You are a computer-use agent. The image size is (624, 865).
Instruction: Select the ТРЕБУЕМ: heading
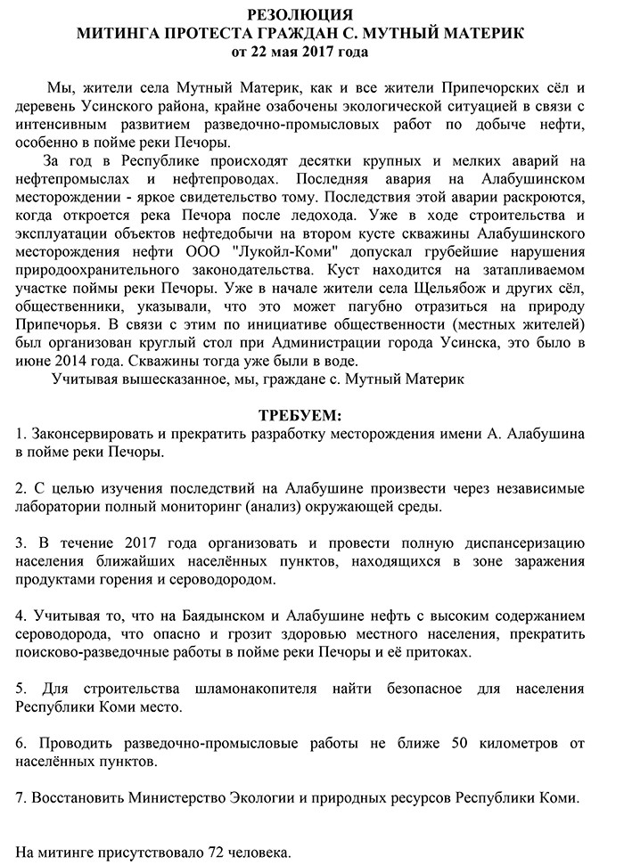coord(300,416)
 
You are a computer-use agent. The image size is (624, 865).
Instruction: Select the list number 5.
coord(21,688)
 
